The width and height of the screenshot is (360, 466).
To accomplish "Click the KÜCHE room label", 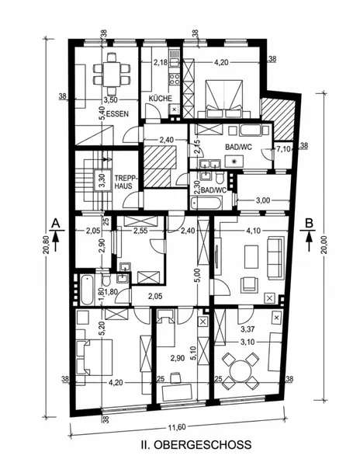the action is point(161,99).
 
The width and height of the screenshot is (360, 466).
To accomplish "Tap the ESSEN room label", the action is point(117,113).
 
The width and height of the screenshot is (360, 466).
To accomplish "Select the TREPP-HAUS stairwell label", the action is point(123,183).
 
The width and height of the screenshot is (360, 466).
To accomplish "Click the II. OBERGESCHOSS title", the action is point(196,444).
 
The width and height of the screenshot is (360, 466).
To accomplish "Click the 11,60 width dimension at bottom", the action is point(177,427).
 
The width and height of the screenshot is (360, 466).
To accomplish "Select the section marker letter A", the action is point(55,223).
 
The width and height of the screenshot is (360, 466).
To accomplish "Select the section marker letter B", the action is point(310,223).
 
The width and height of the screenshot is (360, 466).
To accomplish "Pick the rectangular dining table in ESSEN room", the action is point(111,74).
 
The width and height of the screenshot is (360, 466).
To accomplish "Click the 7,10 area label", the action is point(284,148).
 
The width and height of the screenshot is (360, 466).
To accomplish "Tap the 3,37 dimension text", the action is point(247,329).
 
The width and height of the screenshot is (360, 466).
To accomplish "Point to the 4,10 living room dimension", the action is point(253,231).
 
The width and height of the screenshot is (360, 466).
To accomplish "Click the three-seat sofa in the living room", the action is point(275,257).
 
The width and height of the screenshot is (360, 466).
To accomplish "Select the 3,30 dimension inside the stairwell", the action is point(102,180).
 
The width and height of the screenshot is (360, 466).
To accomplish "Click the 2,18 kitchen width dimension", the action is point(161,62).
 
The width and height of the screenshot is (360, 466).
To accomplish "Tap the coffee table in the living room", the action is point(251,257).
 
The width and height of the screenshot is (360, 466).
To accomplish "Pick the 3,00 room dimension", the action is point(263,200).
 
